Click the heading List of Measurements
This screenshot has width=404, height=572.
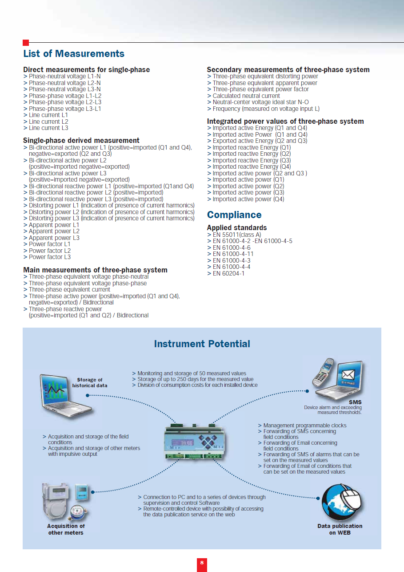click(x=74, y=54)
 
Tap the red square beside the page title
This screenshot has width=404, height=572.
click(x=26, y=43)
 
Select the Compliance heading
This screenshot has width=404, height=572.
click(x=234, y=215)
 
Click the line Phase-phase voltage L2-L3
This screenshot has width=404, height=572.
click(x=65, y=102)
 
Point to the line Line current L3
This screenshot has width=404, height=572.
click(x=48, y=128)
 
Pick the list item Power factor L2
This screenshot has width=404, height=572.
click(x=49, y=251)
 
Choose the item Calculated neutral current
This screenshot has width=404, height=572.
click(x=246, y=96)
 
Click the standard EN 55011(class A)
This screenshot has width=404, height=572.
click(x=237, y=235)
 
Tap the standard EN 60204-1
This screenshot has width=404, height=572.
click(x=228, y=273)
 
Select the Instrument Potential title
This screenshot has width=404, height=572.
click(x=202, y=344)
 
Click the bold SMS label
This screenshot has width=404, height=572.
click(x=355, y=402)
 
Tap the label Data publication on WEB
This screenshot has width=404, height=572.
click(x=340, y=529)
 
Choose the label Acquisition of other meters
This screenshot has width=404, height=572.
click(x=66, y=529)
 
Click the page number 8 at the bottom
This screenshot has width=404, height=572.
click(x=202, y=563)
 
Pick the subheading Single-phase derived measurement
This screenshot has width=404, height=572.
click(x=81, y=141)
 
